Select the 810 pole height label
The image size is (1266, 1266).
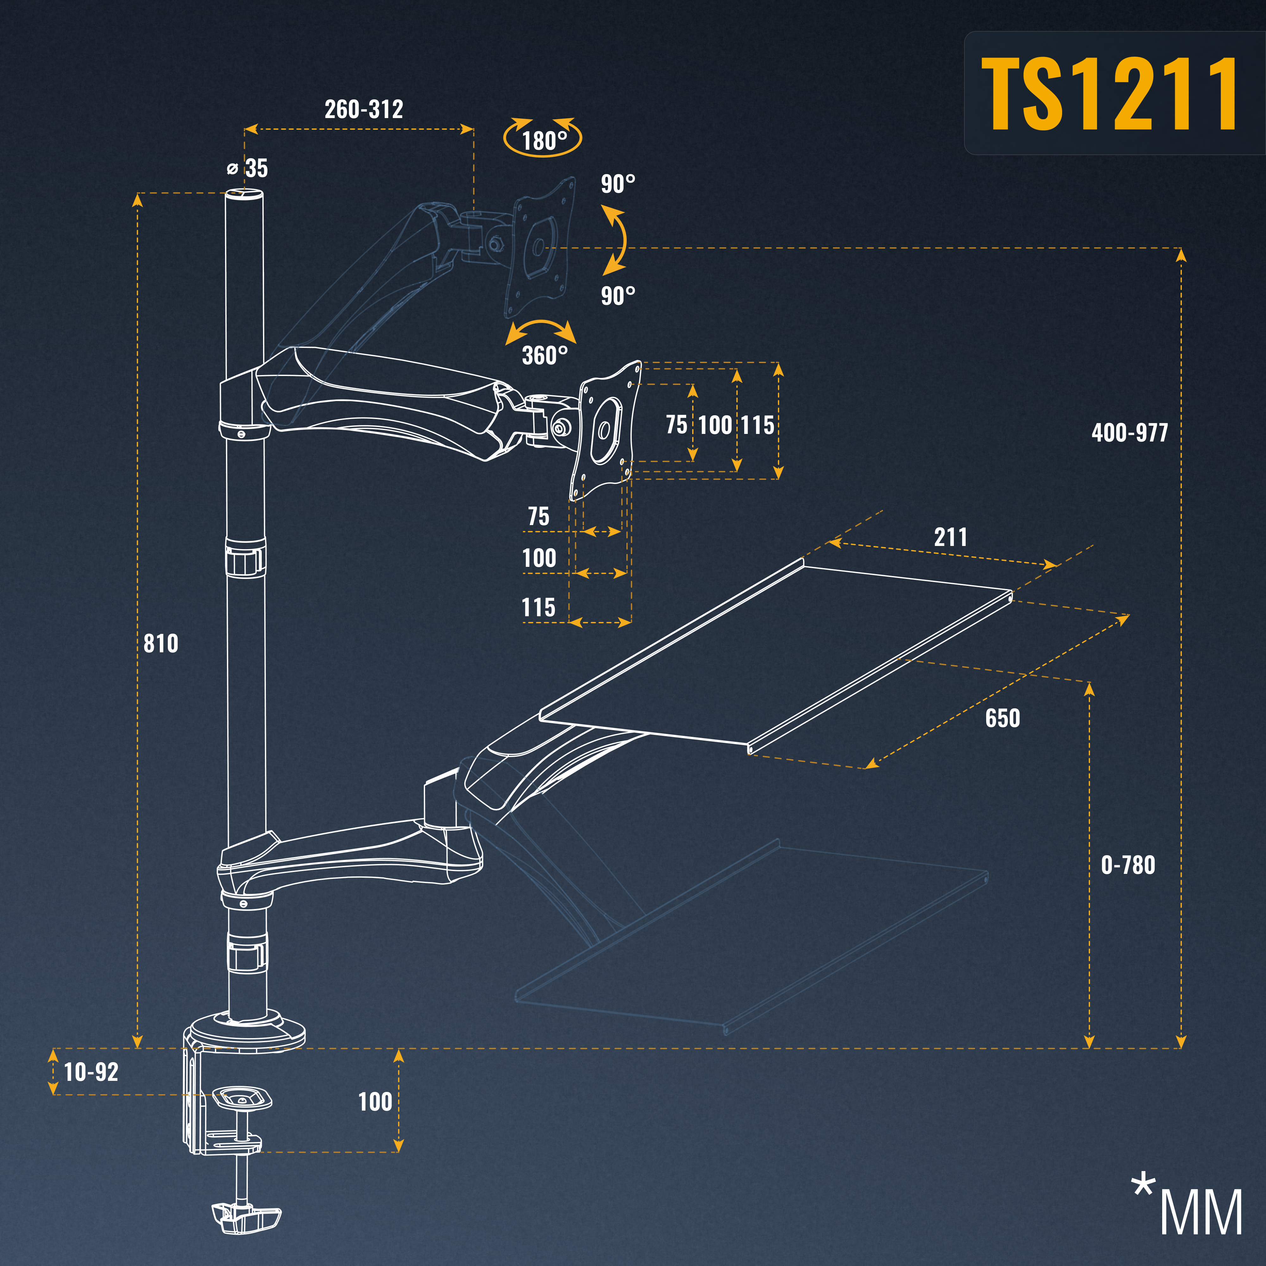pyautogui.click(x=160, y=643)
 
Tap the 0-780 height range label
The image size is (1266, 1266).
pyautogui.click(x=1128, y=865)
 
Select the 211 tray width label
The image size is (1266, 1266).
pyautogui.click(x=950, y=537)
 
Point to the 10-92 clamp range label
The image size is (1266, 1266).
pyautogui.click(x=91, y=1072)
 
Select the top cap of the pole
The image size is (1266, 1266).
pyautogui.click(x=245, y=194)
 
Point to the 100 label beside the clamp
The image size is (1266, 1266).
pyautogui.click(x=375, y=1101)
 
